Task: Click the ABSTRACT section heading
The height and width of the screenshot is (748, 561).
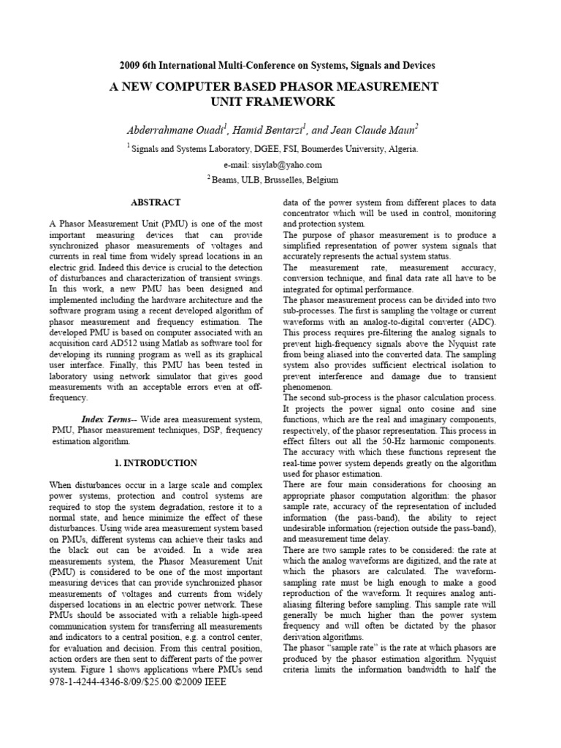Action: point(155,202)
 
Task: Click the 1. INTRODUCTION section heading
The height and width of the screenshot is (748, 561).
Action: point(156,463)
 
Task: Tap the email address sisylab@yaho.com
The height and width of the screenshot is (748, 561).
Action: point(274,164)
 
